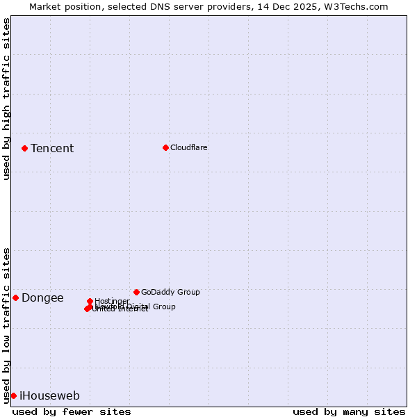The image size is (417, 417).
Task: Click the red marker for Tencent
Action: coord(24,148)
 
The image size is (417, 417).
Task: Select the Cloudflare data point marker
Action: coord(165,147)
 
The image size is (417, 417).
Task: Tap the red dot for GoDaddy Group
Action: coord(136,292)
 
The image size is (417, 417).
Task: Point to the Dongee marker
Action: coord(15,297)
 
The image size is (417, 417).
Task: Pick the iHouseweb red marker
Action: coord(13,395)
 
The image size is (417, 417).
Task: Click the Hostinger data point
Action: coord(90,301)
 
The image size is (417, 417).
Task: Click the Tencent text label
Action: coord(52,148)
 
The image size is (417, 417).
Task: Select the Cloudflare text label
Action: coord(189,147)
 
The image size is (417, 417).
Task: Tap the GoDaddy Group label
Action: coord(170,292)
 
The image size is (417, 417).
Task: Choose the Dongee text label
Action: coord(42,298)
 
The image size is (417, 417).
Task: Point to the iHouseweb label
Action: coord(49,396)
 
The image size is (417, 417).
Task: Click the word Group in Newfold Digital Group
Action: coord(164,306)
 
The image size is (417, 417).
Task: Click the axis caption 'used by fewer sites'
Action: coord(72,411)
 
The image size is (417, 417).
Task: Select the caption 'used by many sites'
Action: coord(349,411)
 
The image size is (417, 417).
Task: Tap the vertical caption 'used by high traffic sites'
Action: coord(6,99)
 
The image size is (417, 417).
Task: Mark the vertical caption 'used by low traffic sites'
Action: coord(6,325)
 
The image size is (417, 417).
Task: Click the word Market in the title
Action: coord(45,6)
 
